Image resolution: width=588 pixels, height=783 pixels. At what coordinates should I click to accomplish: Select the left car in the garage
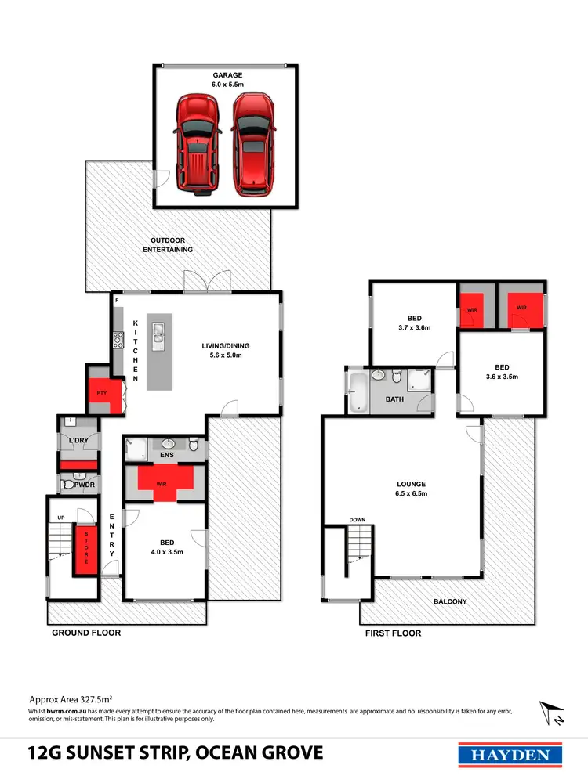coord(195,142)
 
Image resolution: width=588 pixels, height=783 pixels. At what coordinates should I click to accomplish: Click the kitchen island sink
coord(158,336)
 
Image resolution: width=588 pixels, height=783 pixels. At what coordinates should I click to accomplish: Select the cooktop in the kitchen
coord(119,341)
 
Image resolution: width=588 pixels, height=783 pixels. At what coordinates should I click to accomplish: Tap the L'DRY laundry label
coord(78,442)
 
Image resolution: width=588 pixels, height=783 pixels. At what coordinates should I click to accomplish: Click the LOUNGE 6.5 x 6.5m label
coord(411,489)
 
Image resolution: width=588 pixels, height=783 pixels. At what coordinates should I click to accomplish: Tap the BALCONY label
coord(450,601)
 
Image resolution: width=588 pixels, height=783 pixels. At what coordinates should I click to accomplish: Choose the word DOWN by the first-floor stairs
coord(358,519)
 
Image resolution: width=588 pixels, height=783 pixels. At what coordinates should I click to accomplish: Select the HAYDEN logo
coord(510,754)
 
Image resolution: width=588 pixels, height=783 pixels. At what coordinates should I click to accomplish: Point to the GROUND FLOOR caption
coord(86,633)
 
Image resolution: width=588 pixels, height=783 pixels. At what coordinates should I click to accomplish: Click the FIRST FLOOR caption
coord(393,633)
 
